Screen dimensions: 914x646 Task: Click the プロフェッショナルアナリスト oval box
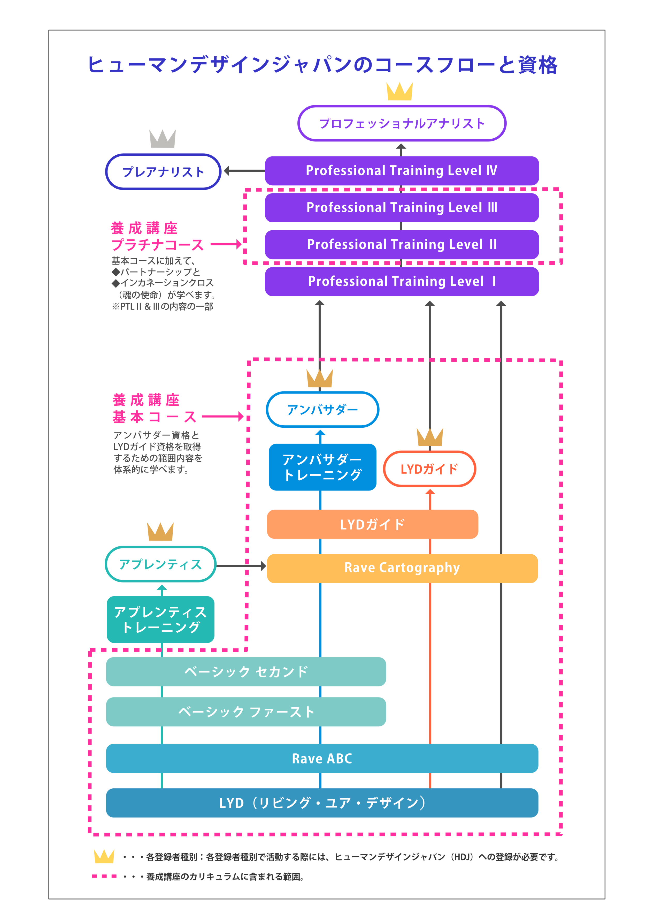click(402, 123)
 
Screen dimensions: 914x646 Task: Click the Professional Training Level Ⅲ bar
click(402, 207)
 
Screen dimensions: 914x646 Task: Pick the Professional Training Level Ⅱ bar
click(402, 244)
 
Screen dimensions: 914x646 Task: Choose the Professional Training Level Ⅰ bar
click(402, 282)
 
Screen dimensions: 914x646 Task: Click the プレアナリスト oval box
click(163, 172)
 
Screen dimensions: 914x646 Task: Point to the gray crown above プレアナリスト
click(162, 139)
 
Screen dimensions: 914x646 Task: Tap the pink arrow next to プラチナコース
click(226, 244)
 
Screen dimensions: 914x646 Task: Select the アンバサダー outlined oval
click(322, 409)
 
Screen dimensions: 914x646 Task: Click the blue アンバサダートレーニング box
click(322, 467)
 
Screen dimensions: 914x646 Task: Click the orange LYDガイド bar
click(372, 524)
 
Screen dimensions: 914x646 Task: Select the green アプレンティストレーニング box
click(161, 620)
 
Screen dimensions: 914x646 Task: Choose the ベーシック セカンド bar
click(246, 671)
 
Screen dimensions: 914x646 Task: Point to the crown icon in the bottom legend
click(104, 856)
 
